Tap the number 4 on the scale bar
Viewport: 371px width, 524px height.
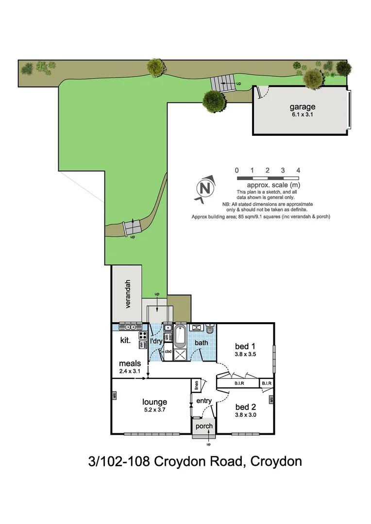pyautogui.click(x=298, y=170)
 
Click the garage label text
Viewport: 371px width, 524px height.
pyautogui.click(x=303, y=107)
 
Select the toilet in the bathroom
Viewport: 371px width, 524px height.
pyautogui.click(x=210, y=329)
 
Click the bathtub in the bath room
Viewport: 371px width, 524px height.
pyautogui.click(x=180, y=336)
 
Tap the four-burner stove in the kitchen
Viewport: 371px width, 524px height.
pyautogui.click(x=143, y=335)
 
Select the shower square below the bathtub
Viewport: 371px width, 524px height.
pyautogui.click(x=180, y=354)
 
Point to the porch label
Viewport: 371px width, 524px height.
pyautogui.click(x=204, y=426)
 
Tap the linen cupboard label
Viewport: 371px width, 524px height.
pyautogui.click(x=197, y=385)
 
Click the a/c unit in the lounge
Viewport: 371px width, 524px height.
pyautogui.click(x=114, y=396)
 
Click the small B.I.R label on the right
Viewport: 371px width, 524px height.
pyautogui.click(x=267, y=383)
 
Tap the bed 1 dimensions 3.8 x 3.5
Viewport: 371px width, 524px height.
pyautogui.click(x=245, y=354)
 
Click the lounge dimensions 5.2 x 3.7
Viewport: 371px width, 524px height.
pyautogui.click(x=154, y=410)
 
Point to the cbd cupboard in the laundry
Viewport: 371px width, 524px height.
pyautogui.click(x=168, y=351)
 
